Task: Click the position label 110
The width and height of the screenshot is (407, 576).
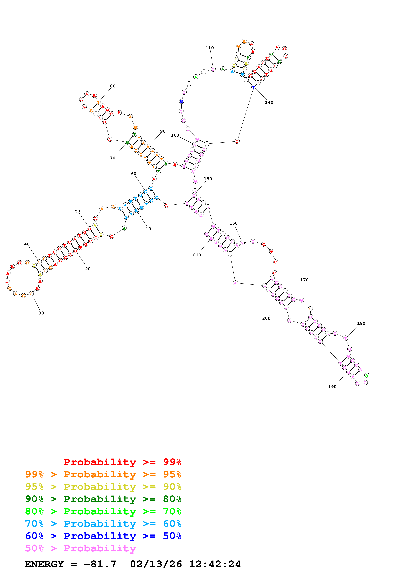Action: pyautogui.click(x=210, y=48)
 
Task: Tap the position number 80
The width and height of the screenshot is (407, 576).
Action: pyautogui.click(x=113, y=86)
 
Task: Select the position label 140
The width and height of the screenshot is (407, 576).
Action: pyautogui.click(x=269, y=102)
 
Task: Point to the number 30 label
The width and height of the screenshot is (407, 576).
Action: pyautogui.click(x=41, y=313)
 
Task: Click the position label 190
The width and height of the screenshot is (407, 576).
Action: pyautogui.click(x=332, y=387)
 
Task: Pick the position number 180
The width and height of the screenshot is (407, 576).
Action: pyautogui.click(x=361, y=323)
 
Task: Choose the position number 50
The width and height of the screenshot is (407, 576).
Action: pyautogui.click(x=77, y=211)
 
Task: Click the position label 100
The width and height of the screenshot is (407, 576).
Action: pyautogui.click(x=175, y=135)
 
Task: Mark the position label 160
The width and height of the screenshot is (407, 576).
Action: pyautogui.click(x=233, y=223)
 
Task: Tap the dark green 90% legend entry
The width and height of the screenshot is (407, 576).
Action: pyautogui.click(x=103, y=499)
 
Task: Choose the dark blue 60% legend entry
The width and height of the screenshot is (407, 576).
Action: pyautogui.click(x=103, y=536)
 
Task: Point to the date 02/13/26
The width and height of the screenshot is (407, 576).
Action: pyautogui.click(x=156, y=564)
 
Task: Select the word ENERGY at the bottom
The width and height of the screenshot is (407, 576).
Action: pyautogui.click(x=44, y=564)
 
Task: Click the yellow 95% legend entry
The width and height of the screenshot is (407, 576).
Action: pyautogui.click(x=103, y=487)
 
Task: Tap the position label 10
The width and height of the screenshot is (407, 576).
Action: pyautogui.click(x=148, y=229)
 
